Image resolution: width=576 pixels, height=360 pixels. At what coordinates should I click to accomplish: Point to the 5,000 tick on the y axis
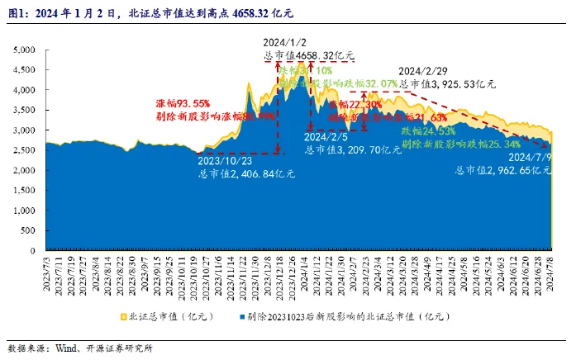(x=24, y=50)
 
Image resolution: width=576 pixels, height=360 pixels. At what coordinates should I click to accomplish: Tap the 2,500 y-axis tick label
(x=24, y=150)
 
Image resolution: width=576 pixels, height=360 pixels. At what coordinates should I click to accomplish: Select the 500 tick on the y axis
(x=27, y=230)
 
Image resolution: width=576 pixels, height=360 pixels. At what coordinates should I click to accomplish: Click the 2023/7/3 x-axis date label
(x=45, y=268)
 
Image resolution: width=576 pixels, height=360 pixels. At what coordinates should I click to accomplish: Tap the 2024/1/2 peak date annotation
(x=284, y=43)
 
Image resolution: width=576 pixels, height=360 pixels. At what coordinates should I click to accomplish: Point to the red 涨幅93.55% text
(x=183, y=104)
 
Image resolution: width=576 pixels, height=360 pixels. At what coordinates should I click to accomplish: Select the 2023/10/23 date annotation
(x=225, y=162)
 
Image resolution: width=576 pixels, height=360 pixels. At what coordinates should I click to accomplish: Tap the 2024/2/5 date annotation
(x=328, y=137)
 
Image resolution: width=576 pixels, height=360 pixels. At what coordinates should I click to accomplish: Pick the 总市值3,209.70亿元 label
(x=342, y=149)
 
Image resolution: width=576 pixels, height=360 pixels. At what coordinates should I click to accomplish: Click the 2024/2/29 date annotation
(x=424, y=72)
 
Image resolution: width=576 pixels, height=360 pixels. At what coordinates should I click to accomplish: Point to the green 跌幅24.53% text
(x=429, y=131)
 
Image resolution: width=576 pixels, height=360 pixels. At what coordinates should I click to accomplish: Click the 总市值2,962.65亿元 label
(x=503, y=169)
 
